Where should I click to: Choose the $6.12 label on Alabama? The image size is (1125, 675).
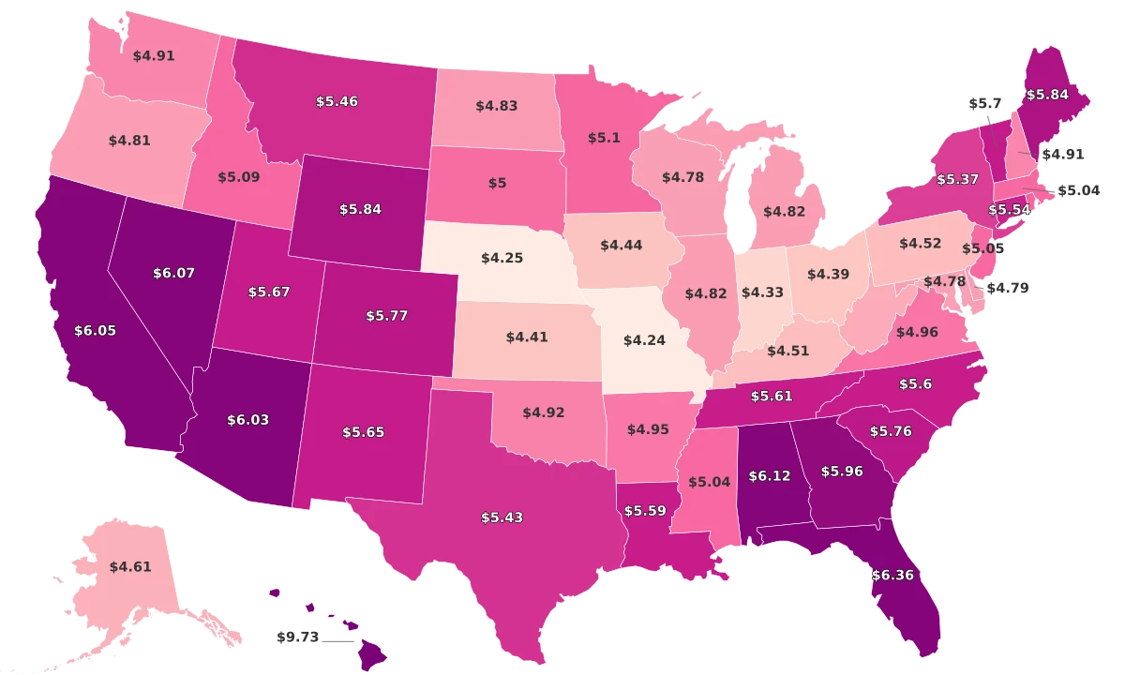pyautogui.click(x=769, y=476)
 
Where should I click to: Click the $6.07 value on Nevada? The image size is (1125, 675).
pyautogui.click(x=173, y=273)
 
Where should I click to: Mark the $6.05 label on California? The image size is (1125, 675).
pyautogui.click(x=96, y=330)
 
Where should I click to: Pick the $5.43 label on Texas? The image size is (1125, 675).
pyautogui.click(x=502, y=517)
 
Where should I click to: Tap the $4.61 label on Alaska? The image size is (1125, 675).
pyautogui.click(x=129, y=566)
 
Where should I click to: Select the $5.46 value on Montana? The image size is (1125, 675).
pyautogui.click(x=337, y=100)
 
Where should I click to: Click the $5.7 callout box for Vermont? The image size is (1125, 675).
pyautogui.click(x=985, y=103)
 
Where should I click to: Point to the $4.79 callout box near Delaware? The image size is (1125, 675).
pyautogui.click(x=1009, y=289)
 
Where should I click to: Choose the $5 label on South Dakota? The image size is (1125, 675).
pyautogui.click(x=497, y=183)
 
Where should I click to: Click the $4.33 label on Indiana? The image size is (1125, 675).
pyautogui.click(x=762, y=292)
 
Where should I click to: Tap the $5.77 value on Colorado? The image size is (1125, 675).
pyautogui.click(x=387, y=316)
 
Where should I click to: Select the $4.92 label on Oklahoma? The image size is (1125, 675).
pyautogui.click(x=544, y=412)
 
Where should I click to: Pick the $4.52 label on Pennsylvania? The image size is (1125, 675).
pyautogui.click(x=920, y=244)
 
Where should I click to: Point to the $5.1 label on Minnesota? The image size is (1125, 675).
pyautogui.click(x=604, y=137)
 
